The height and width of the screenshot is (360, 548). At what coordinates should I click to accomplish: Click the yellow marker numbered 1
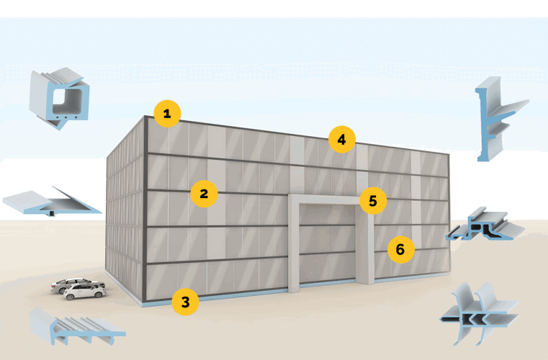pyautogui.click(x=166, y=113)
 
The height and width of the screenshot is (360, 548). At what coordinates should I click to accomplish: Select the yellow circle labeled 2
pyautogui.click(x=204, y=193)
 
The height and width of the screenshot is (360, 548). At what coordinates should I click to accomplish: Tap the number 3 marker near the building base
pyautogui.click(x=185, y=302)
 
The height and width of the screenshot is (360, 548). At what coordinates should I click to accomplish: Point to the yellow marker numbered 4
pyautogui.click(x=342, y=139)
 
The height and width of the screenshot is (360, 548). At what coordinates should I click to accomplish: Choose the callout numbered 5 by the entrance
pyautogui.click(x=372, y=201)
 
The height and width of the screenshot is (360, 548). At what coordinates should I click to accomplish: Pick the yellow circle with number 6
pyautogui.click(x=400, y=250)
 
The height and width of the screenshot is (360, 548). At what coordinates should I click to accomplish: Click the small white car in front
pyautogui.click(x=84, y=292)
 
